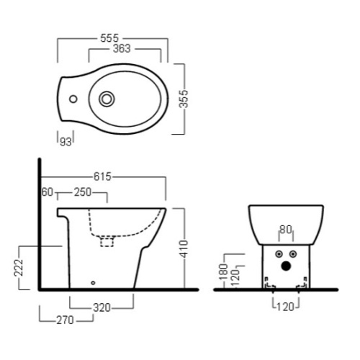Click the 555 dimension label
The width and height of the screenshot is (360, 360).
pyautogui.click(x=109, y=38)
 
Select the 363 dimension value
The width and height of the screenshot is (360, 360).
pyautogui.click(x=122, y=49)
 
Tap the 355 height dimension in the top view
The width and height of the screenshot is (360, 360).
pyautogui.click(x=184, y=99)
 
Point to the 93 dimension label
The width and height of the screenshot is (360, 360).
pyautogui.click(x=66, y=142)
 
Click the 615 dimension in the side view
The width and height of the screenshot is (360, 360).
pyautogui.click(x=102, y=176)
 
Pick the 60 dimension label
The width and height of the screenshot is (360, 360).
pyautogui.click(x=48, y=192)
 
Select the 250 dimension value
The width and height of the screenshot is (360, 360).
pyautogui.click(x=83, y=192)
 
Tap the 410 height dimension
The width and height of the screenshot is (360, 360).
pyautogui.click(x=184, y=248)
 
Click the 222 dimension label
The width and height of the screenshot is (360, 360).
pyautogui.click(x=19, y=268)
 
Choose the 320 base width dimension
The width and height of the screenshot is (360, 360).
pyautogui.click(x=102, y=307)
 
